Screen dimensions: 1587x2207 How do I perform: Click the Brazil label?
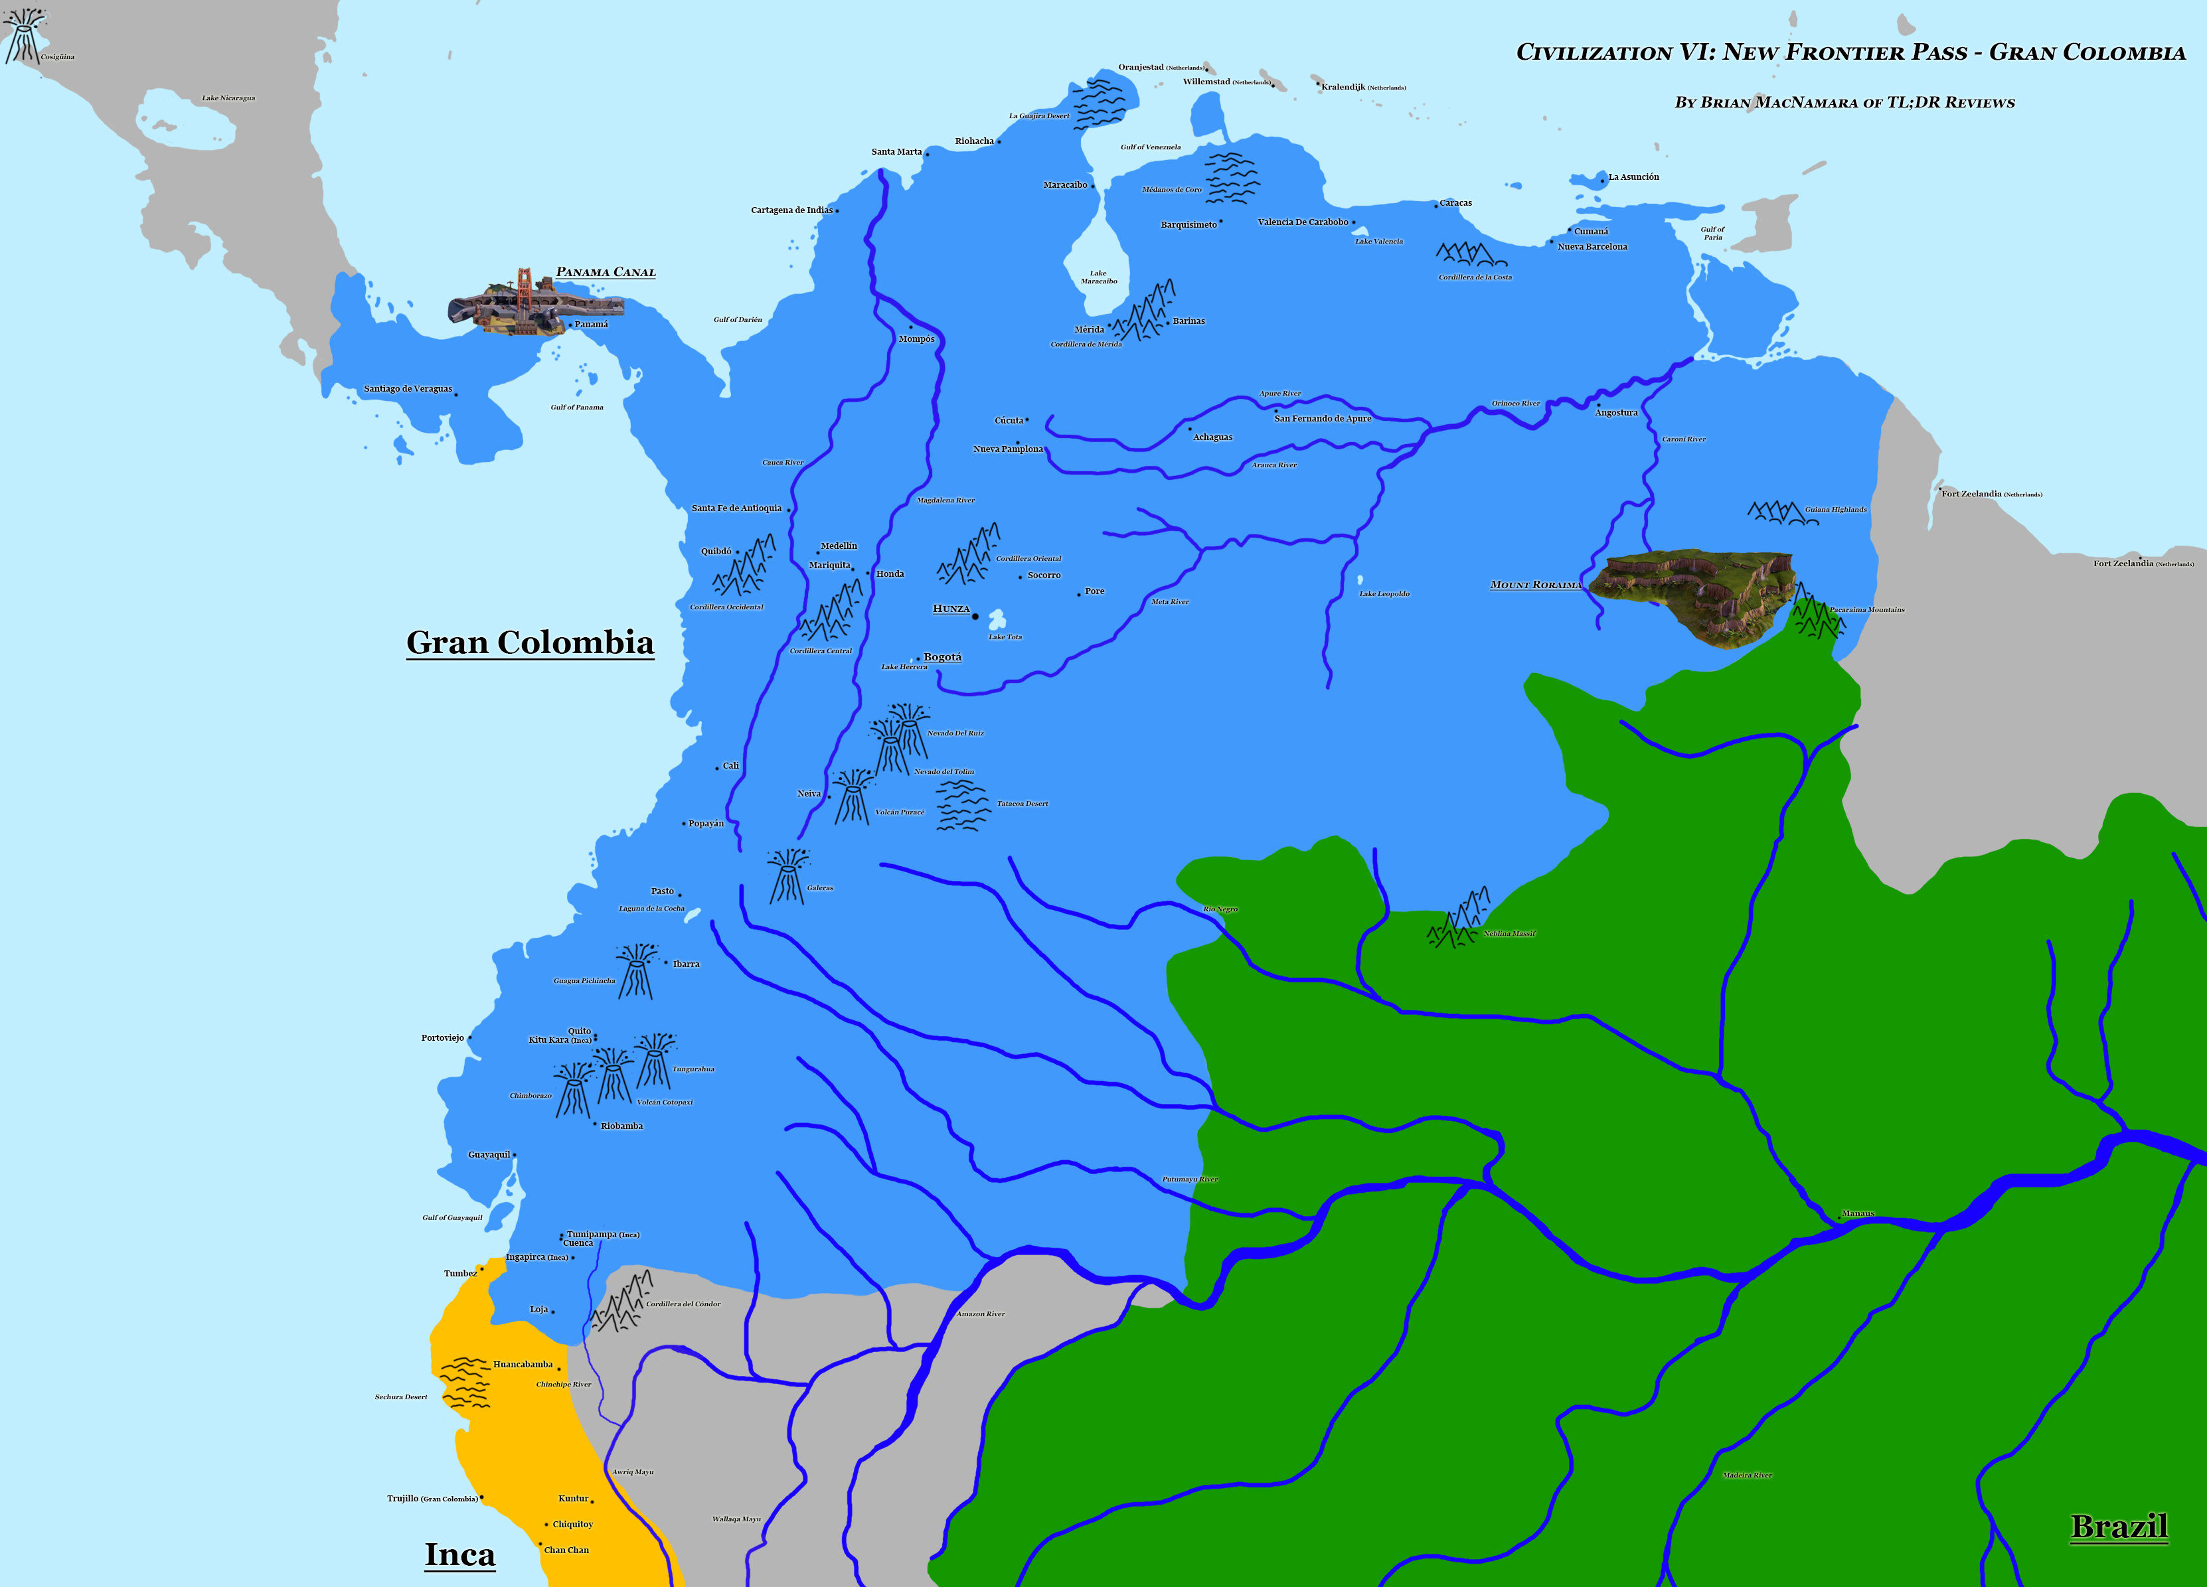pos(2119,1526)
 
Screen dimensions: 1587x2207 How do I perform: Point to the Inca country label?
pos(459,1554)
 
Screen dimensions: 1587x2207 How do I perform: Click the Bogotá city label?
pos(942,657)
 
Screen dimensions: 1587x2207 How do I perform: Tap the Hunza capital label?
pos(951,608)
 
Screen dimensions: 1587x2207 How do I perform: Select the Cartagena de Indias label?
pos(791,210)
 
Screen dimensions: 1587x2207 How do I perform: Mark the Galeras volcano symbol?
pos(786,875)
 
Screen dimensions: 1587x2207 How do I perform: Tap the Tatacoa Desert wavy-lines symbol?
pos(961,804)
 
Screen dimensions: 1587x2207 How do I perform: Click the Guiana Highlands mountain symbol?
pos(1781,512)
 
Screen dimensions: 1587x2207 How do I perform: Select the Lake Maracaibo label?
pos(1099,277)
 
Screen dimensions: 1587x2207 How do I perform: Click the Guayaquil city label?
pos(489,1154)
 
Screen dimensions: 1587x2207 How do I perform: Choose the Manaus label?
pos(1858,1213)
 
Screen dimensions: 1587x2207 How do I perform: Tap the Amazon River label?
pos(980,1314)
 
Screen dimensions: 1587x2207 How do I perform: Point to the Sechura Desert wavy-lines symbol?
pos(465,1383)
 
